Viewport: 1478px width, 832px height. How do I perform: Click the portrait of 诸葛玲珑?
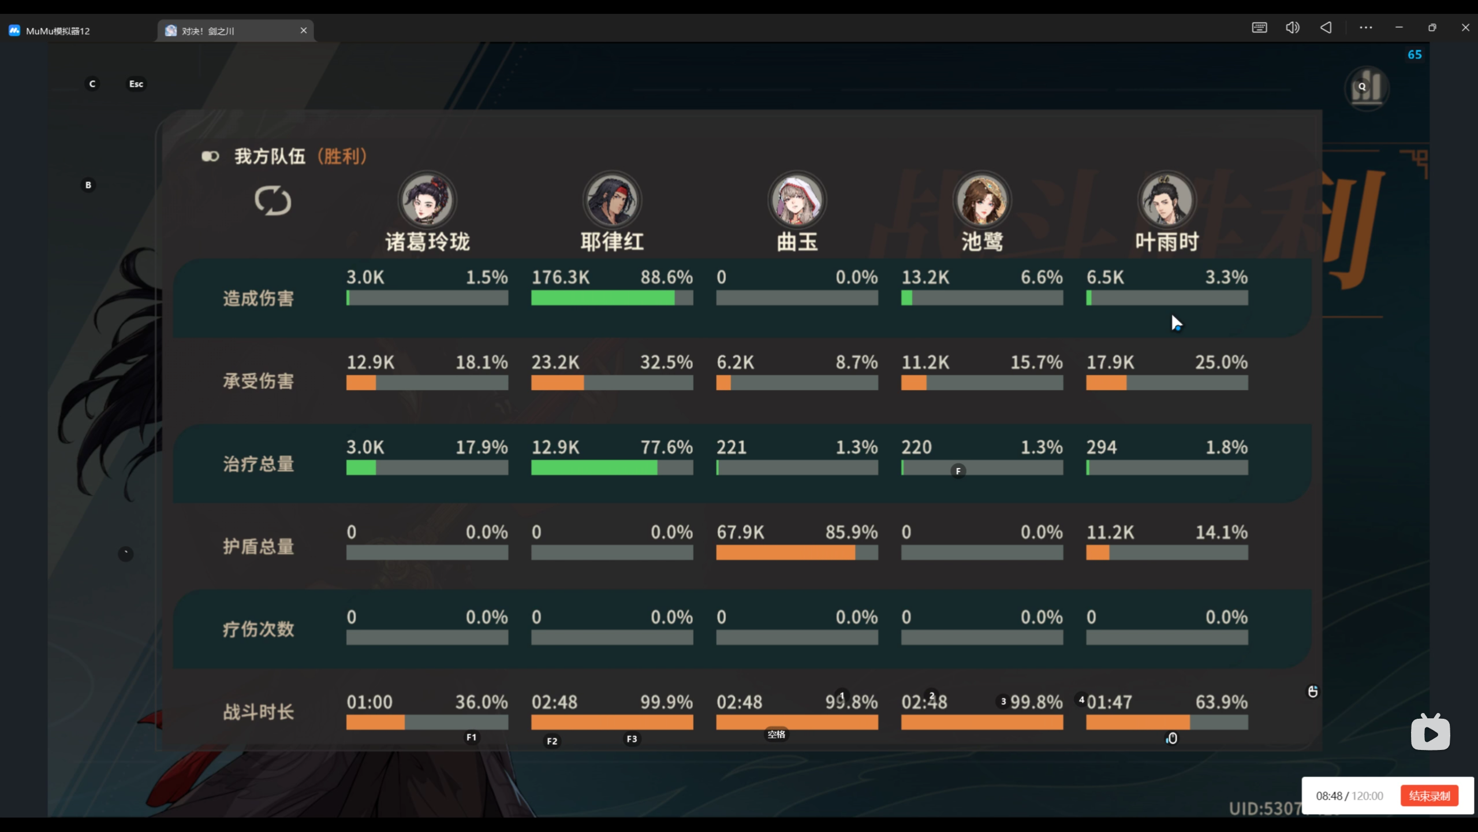pos(427,200)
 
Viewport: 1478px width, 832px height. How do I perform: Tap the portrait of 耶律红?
pos(612,200)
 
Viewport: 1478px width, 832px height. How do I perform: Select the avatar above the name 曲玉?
pos(797,200)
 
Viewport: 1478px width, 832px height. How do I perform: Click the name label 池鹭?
pos(981,242)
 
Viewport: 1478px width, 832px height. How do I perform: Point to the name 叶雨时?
pos(1167,242)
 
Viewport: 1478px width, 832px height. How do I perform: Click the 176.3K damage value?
pos(561,277)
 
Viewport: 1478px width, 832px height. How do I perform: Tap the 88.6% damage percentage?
pos(666,277)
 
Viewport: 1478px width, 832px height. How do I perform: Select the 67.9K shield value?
pos(740,532)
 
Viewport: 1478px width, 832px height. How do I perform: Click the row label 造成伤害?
pos(259,299)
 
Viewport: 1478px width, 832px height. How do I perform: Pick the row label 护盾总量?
pos(259,547)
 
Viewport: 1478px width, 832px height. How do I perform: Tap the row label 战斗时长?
pos(259,712)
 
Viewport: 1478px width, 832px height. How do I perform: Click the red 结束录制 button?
pos(1429,796)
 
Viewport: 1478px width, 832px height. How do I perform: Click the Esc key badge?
pos(136,84)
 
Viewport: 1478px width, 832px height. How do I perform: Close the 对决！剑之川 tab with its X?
pos(304,30)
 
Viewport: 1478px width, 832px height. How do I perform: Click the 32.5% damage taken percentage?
pos(666,362)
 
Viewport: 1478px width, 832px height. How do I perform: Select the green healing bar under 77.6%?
pos(594,467)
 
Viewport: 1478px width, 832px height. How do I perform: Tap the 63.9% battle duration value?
pos(1221,702)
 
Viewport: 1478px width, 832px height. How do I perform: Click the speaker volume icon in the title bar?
pos(1292,27)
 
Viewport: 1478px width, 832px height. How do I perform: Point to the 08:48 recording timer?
pos(1329,796)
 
